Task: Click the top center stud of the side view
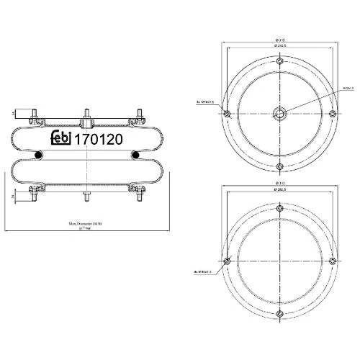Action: coord(85,114)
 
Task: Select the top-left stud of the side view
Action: coord(35,114)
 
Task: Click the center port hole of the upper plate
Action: coord(279,114)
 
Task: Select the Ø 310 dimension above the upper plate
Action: coord(279,40)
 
